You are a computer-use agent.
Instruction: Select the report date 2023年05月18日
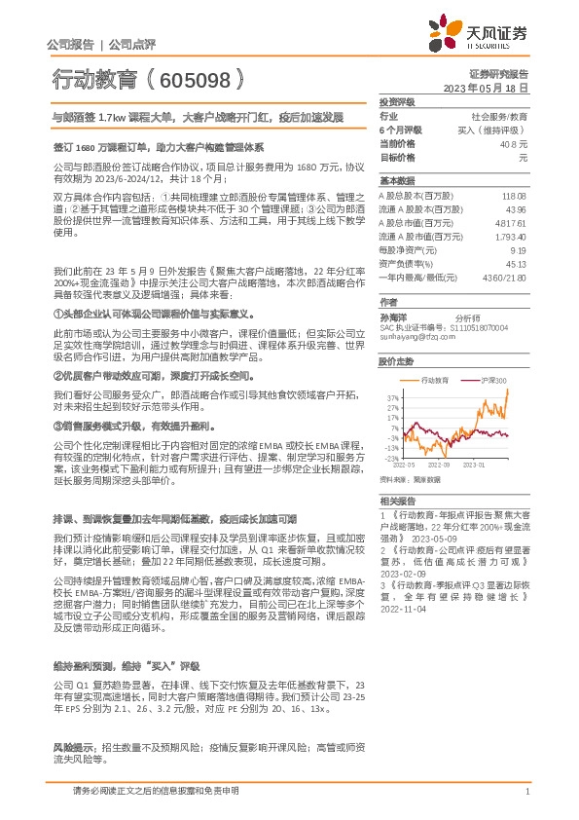(484, 87)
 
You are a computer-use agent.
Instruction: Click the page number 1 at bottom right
(526, 793)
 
